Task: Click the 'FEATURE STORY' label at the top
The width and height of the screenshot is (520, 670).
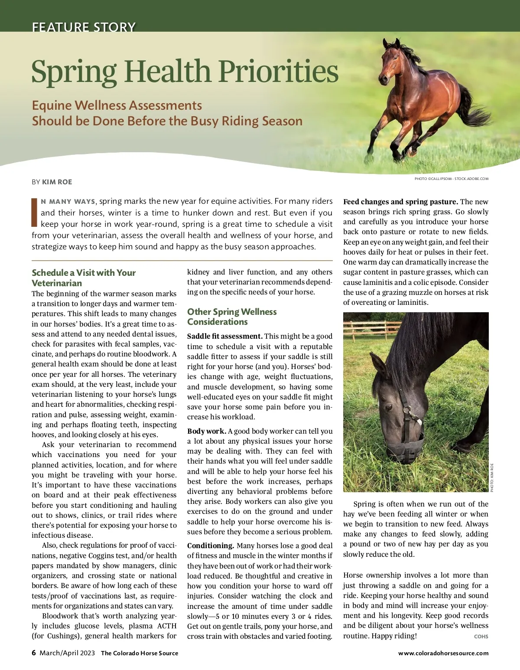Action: click(84, 27)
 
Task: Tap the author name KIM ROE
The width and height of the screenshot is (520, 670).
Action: click(57, 182)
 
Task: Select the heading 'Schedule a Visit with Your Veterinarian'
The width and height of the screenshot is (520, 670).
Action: click(84, 278)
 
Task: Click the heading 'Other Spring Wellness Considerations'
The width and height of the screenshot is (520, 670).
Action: click(232, 317)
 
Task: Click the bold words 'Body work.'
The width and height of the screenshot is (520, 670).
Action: click(207, 431)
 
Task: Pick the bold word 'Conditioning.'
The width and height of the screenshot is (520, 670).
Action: click(211, 546)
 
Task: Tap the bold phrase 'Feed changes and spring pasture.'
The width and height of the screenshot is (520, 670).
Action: click(400, 202)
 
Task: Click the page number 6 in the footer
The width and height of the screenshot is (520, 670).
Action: click(34, 653)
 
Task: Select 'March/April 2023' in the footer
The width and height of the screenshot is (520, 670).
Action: click(67, 653)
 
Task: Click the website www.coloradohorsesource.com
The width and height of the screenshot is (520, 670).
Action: click(443, 653)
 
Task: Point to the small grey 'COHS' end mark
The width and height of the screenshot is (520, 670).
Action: click(481, 637)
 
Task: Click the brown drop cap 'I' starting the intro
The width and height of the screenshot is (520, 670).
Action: click(34, 212)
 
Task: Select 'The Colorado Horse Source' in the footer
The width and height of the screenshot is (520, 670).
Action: click(140, 653)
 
